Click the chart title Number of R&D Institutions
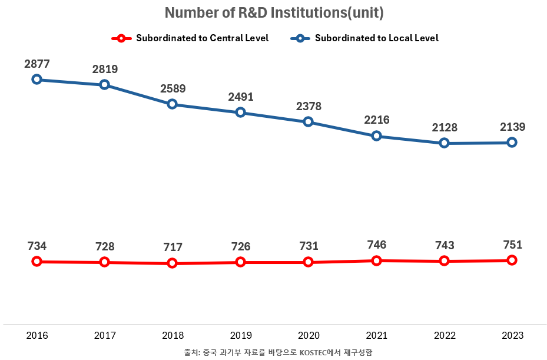(274, 12)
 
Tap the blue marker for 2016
(37, 79)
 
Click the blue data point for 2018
(173, 104)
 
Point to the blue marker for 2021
(376, 136)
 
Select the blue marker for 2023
(512, 142)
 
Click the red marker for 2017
(104, 262)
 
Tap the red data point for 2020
(308, 262)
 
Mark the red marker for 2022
(444, 261)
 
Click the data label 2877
(37, 64)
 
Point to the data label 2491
(240, 97)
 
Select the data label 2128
(444, 128)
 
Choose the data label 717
(173, 247)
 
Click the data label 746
(376, 245)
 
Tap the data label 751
(512, 245)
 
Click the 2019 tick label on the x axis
(240, 335)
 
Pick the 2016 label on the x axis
(37, 335)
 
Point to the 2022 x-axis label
(444, 335)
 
